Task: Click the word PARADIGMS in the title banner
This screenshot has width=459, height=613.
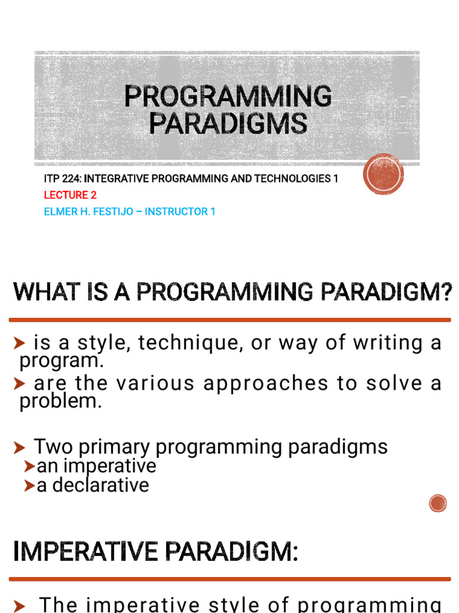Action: pos(228,123)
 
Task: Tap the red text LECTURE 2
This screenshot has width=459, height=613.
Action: pos(71,195)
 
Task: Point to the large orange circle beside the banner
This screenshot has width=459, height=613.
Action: pos(383,174)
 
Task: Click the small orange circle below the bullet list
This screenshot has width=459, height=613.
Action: pos(437,503)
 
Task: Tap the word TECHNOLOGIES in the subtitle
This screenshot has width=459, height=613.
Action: pos(293,178)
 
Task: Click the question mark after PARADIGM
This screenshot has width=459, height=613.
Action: pos(448,292)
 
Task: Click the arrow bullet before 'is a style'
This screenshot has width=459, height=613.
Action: pos(19,343)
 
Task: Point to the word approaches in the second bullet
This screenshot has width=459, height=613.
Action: pos(265,384)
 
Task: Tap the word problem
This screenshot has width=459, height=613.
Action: pos(61,400)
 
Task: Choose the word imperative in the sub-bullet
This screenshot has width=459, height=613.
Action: pos(110,466)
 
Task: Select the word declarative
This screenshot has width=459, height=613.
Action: pos(100,485)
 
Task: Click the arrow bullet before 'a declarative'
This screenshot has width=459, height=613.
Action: pos(29,485)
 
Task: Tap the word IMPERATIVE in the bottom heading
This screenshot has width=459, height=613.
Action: pos(85,551)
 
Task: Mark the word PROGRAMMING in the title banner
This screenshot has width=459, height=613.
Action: pos(228,96)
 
